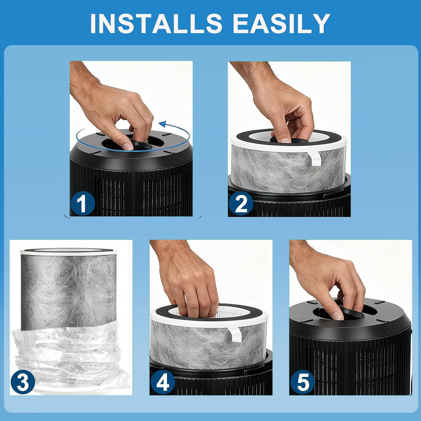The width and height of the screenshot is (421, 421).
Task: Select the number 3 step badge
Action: (23, 382)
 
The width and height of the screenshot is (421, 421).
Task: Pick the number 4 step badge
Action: (163, 382)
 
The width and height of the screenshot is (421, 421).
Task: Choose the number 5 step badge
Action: (303, 382)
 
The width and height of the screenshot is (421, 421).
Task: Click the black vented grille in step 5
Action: (351, 368)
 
